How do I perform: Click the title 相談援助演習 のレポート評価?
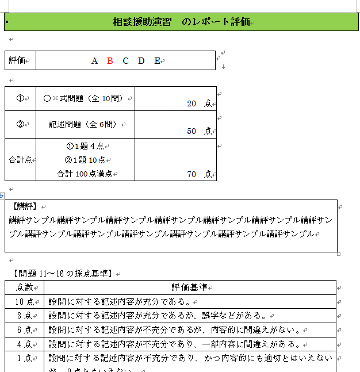tap(181, 22)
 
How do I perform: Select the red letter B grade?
tap(110, 60)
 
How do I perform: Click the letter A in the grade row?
tap(95, 60)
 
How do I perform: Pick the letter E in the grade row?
tap(157, 60)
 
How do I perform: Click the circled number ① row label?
tap(20, 98)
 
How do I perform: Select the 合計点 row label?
tap(20, 160)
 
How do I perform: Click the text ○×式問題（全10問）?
tap(85, 98)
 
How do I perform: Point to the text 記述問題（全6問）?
tap(85, 124)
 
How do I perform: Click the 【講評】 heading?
tap(24, 206)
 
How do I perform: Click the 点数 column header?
tap(24, 287)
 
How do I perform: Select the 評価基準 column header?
tap(189, 287)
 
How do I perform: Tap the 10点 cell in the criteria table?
tap(24, 301)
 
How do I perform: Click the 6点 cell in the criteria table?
tap(24, 330)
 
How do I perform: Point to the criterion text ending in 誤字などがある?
tap(158, 316)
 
